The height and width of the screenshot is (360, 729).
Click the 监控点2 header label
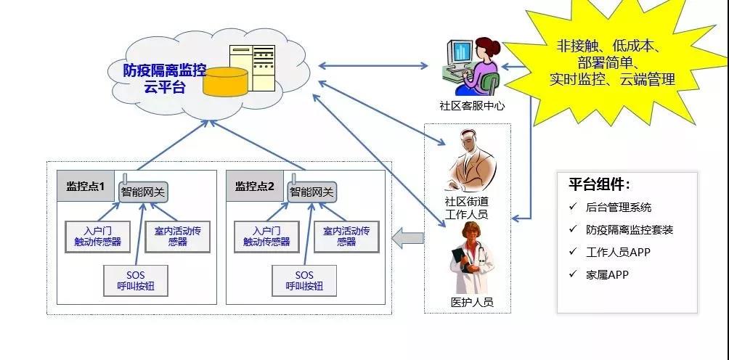(254, 187)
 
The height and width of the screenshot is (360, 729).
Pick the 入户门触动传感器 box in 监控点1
(97, 237)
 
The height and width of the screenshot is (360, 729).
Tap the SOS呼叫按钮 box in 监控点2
(304, 281)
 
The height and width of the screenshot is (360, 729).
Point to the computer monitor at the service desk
(459, 55)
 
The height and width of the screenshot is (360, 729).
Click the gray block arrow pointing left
(407, 237)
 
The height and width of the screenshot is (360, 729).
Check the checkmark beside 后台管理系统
(573, 207)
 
